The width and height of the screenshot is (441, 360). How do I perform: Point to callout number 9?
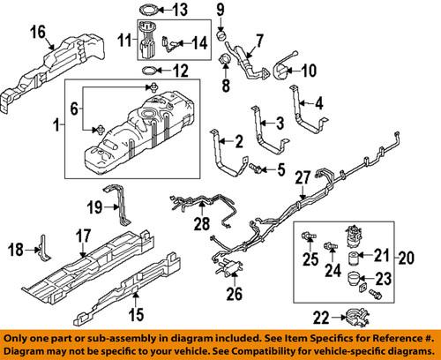click(x=220, y=11)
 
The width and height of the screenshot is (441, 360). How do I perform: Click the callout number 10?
click(x=309, y=70)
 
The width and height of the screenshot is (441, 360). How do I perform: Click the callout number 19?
click(x=96, y=208)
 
